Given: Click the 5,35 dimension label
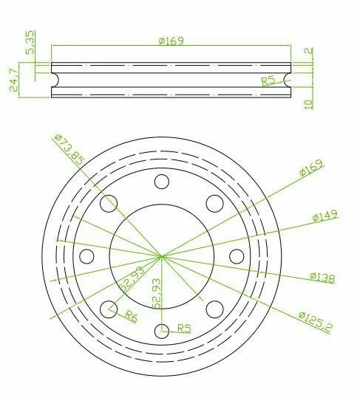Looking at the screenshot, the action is pyautogui.click(x=30, y=42).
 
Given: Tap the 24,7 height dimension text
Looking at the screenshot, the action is pyautogui.click(x=13, y=80).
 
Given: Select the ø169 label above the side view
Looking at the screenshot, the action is pyautogui.click(x=171, y=41).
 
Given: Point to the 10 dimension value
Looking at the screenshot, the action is pyautogui.click(x=308, y=104).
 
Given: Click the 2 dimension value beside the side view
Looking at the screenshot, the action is pyautogui.click(x=308, y=50).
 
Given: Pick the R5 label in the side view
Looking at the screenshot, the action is pyautogui.click(x=268, y=81).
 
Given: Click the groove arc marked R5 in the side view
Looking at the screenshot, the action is pyautogui.click(x=287, y=80).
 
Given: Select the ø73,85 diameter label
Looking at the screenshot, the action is pyautogui.click(x=69, y=149).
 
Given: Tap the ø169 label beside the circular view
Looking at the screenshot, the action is pyautogui.click(x=312, y=168).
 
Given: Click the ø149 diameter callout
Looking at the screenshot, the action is pyautogui.click(x=325, y=216).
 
